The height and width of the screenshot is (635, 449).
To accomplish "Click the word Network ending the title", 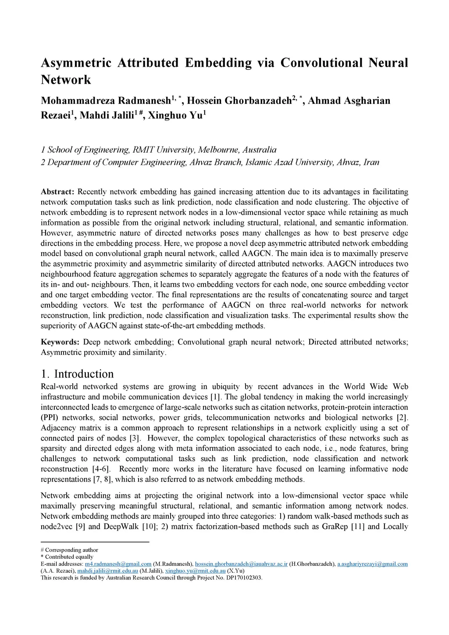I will pos(66,80).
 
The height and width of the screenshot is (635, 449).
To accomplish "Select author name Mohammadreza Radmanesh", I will pos(105,101).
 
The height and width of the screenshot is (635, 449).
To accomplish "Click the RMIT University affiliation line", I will pos(158,150).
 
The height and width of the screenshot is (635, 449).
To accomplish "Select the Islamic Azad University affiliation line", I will pos(210,162).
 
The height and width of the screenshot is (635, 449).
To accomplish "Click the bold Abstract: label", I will pos(57,192).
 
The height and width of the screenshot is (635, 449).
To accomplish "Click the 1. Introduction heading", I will pos(77,374).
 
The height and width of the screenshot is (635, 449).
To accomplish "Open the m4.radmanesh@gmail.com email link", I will pos(118,564).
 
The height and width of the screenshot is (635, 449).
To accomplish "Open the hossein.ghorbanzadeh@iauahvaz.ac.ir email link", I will pos(241,564).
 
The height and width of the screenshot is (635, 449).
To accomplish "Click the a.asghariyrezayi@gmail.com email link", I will pos(372,564).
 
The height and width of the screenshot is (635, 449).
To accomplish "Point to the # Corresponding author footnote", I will pos(69,550).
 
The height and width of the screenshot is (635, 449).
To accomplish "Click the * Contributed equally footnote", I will pos(67,557).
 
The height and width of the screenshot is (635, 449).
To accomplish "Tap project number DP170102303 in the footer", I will pos(243,578).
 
